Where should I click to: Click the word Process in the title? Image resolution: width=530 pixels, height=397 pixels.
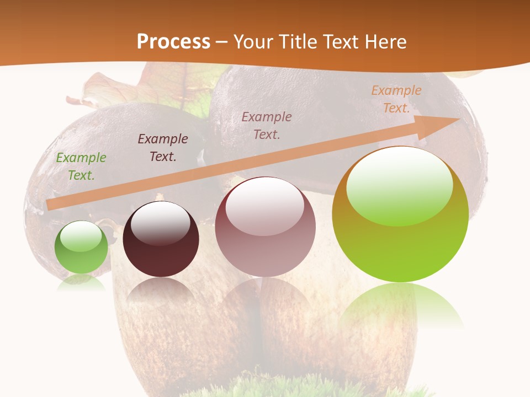[173, 42]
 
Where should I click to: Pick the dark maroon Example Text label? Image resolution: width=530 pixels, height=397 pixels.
[163, 148]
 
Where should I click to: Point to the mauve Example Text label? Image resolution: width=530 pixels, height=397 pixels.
[267, 125]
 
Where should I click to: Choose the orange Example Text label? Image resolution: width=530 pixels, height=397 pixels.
[396, 99]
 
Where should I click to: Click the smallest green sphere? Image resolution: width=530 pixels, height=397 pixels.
[81, 254]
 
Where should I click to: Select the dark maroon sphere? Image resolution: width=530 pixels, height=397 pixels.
[161, 248]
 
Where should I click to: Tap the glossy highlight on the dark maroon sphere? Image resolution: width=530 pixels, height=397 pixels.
[161, 223]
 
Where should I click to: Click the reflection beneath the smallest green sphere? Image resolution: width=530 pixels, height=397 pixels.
[81, 282]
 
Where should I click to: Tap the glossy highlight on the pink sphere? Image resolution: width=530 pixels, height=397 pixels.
[265, 207]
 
